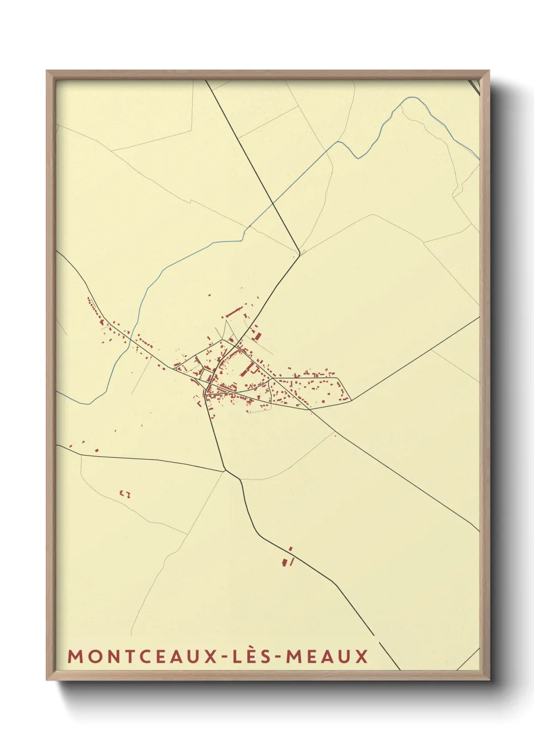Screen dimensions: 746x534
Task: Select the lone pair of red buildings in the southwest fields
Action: (125, 493)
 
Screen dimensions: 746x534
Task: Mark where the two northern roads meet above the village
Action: (299, 252)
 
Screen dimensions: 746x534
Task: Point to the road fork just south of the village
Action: (226, 470)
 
